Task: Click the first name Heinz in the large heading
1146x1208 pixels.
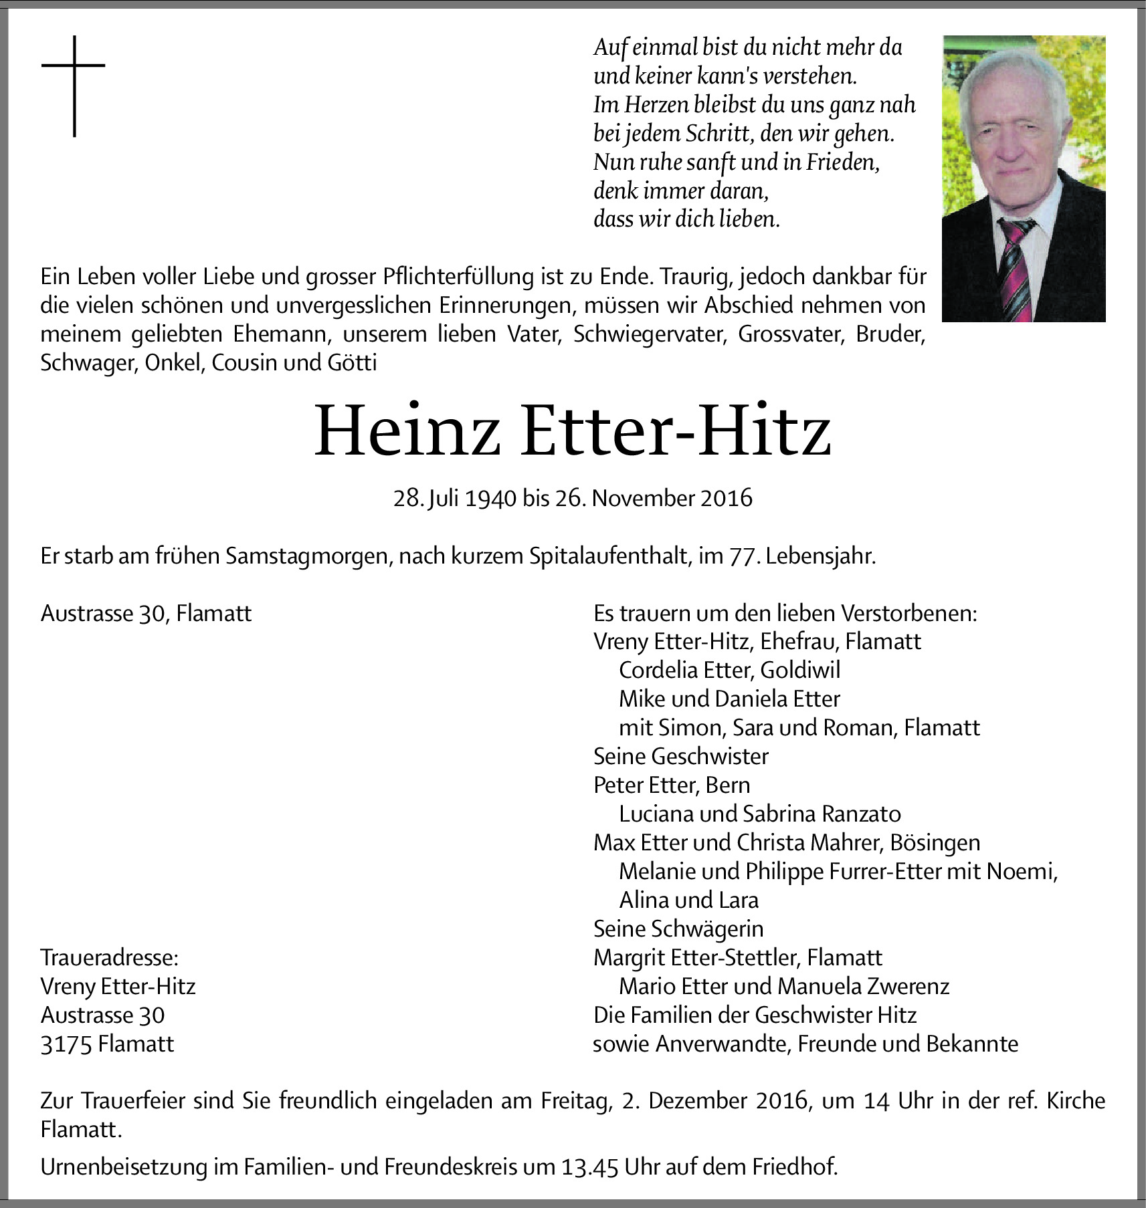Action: [x=407, y=431]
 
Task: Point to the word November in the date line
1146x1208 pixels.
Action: [x=643, y=499]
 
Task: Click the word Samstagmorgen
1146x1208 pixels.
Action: [x=308, y=556]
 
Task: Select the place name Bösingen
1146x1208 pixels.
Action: [x=935, y=843]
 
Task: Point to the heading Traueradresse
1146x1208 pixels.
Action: [x=109, y=958]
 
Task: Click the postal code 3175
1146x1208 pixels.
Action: [x=66, y=1044]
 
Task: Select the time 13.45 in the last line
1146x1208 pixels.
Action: [x=589, y=1167]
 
